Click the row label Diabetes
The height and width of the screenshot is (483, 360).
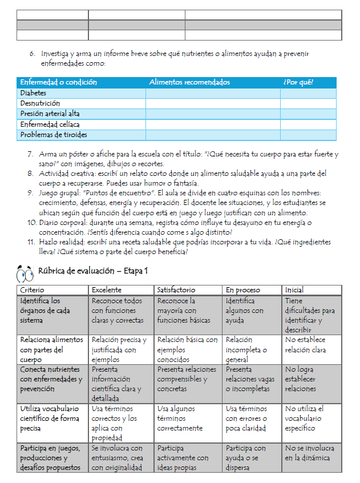[x=33, y=93]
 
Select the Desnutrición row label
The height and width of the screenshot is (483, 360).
[x=40, y=103]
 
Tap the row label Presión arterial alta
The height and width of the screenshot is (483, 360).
[x=50, y=114]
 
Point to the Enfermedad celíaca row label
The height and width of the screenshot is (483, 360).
[x=50, y=124]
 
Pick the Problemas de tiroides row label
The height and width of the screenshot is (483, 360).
[x=54, y=135]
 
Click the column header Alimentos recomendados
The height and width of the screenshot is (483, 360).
[x=189, y=82]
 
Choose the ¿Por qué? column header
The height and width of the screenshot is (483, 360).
[x=298, y=82]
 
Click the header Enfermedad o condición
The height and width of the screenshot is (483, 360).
[x=59, y=82]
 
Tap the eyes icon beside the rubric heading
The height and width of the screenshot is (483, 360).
[x=26, y=274]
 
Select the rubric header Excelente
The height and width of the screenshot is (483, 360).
[x=106, y=290]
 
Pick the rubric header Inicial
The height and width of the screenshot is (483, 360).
[x=294, y=290]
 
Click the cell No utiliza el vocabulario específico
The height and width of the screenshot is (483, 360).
[x=305, y=418]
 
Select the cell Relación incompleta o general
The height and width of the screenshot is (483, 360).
[x=246, y=349]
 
